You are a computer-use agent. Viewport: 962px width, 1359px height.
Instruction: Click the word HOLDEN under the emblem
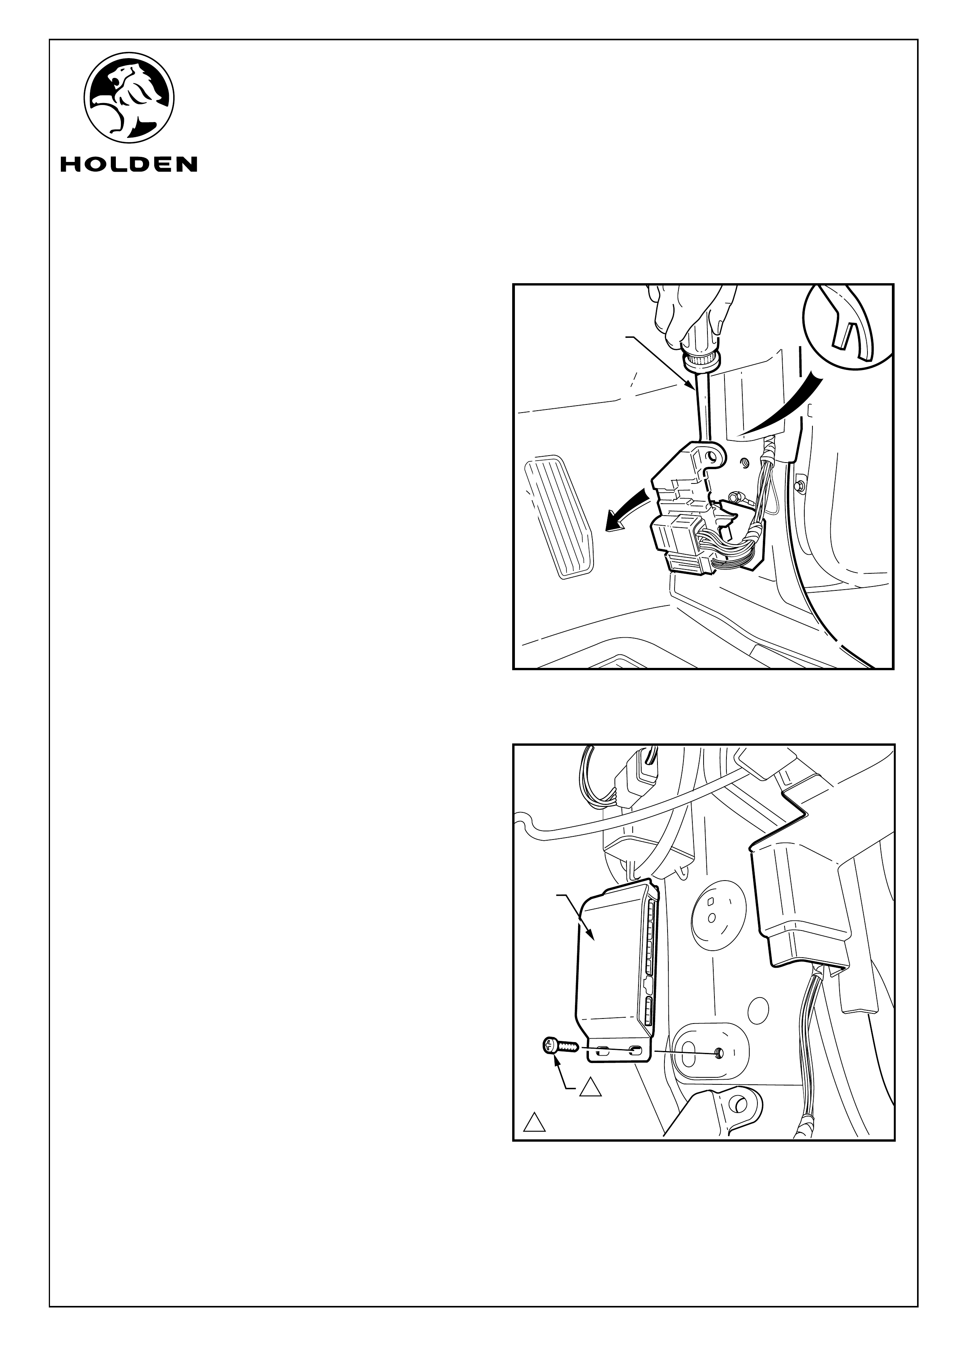[x=129, y=164]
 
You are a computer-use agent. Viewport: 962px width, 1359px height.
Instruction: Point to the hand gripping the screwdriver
[x=693, y=320]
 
